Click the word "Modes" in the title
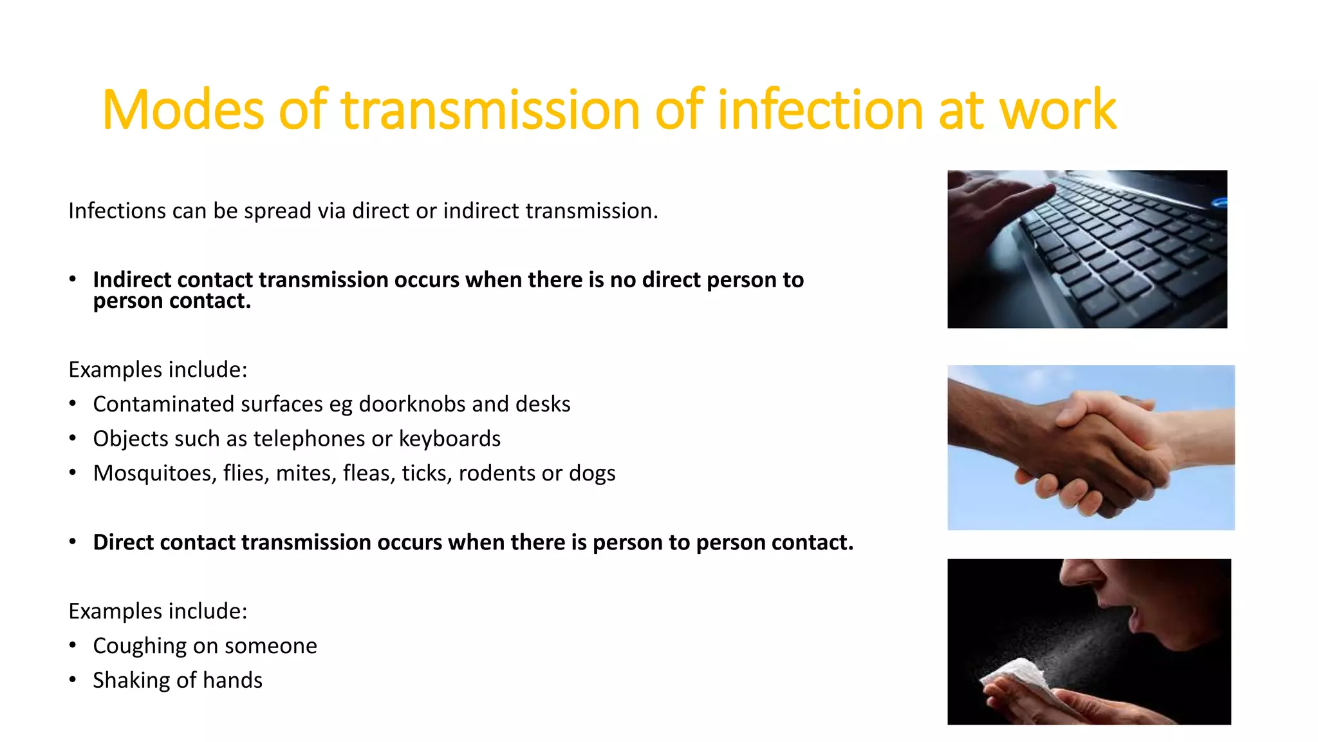pyautogui.click(x=183, y=110)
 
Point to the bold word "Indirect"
pyautogui.click(x=132, y=280)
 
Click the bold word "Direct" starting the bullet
pyautogui.click(x=123, y=542)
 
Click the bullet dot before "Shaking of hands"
pyautogui.click(x=73, y=680)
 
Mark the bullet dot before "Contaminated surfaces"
pyautogui.click(x=73, y=403)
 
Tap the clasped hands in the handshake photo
pyautogui.click(x=1094, y=444)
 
